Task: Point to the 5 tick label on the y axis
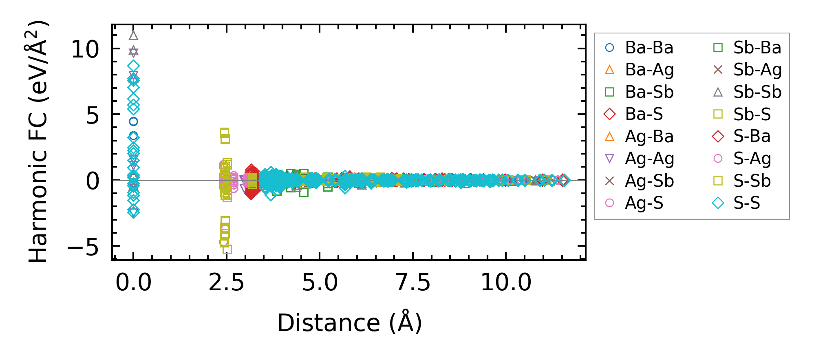tap(93, 115)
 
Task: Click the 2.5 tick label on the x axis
tap(226, 282)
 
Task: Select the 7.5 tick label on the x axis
tap(413, 282)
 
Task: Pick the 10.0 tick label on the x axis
tap(506, 282)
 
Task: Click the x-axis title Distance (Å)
tap(349, 323)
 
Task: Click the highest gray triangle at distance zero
tap(133, 35)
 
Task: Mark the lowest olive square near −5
tap(227, 249)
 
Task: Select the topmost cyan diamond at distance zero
tap(133, 66)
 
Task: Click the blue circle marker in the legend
tap(609, 48)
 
